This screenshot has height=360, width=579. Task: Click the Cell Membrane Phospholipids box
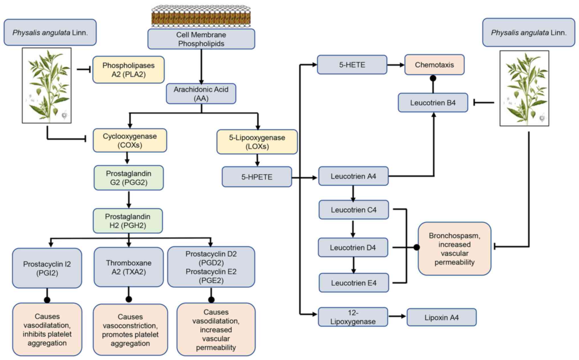[x=201, y=39]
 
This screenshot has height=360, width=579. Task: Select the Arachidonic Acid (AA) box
[x=201, y=94]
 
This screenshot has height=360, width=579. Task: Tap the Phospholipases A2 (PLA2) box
[x=128, y=70]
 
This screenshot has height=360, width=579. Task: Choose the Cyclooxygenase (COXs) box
[x=130, y=140]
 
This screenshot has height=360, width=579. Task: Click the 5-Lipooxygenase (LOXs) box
[x=257, y=142]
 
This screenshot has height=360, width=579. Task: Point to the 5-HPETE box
[x=257, y=177]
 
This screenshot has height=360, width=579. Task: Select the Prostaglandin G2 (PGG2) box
[x=129, y=178]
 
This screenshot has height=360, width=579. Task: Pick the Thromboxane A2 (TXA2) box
[x=129, y=267]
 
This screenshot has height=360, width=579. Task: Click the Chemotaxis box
[x=434, y=65]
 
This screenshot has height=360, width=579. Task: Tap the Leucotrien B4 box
[x=433, y=103]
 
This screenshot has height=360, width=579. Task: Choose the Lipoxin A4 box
[x=441, y=317]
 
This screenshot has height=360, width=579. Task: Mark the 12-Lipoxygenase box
[x=353, y=317]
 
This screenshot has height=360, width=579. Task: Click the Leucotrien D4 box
[x=353, y=247]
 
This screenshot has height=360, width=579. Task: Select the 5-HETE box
[x=352, y=65]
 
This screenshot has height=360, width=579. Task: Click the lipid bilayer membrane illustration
[x=201, y=16]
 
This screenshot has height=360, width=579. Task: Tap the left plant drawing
[x=47, y=86]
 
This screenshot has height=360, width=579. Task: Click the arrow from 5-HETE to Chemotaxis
[x=396, y=65]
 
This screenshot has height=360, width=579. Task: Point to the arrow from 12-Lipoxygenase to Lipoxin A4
[x=397, y=316]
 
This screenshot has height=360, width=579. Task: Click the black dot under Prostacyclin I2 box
[x=47, y=300]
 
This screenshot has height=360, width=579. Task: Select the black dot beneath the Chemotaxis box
[x=433, y=78]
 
